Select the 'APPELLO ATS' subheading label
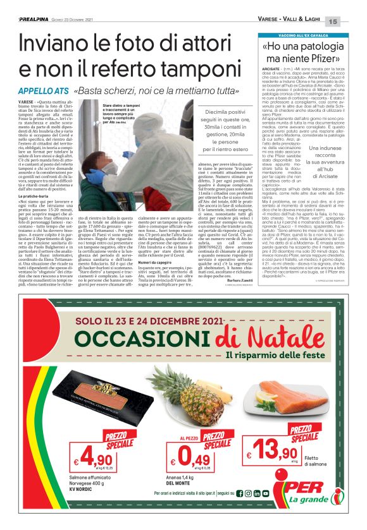pos(38,91)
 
